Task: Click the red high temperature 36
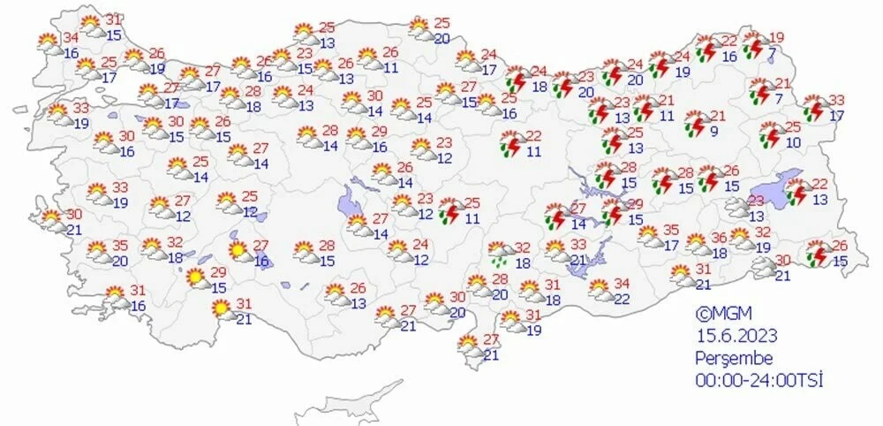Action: pos(719,237)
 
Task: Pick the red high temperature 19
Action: pos(776,37)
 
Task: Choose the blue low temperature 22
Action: pos(622,300)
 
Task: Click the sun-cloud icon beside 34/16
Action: pos(48,41)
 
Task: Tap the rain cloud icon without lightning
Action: pos(499,255)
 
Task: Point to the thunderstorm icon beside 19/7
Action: pos(754,46)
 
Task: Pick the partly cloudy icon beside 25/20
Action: pos(421,30)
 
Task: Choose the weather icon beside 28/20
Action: pos(478,285)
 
